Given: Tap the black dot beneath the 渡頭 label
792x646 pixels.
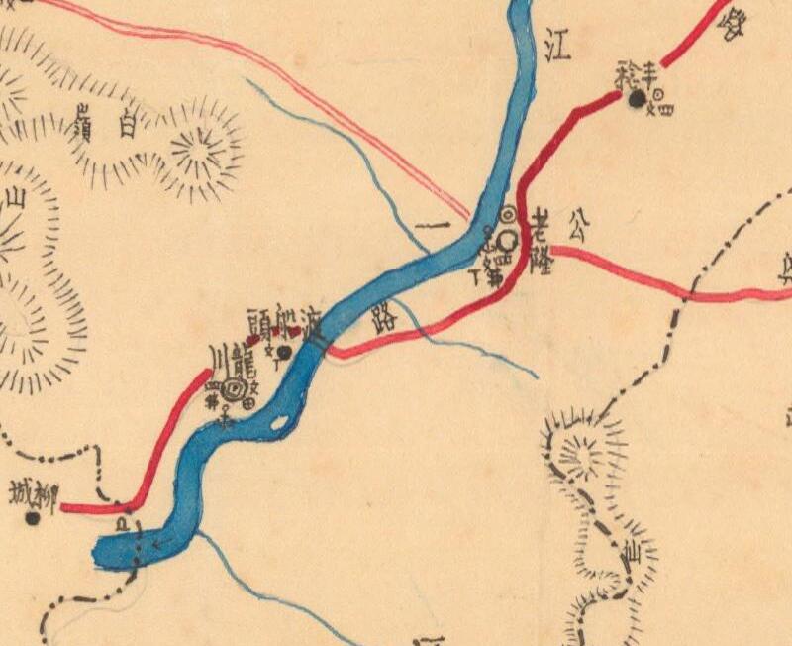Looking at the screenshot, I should [284, 351].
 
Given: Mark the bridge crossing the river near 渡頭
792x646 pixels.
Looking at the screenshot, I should [316, 342].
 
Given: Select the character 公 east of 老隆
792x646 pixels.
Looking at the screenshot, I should [576, 230].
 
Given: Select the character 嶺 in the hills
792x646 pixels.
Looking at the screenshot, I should [82, 125].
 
